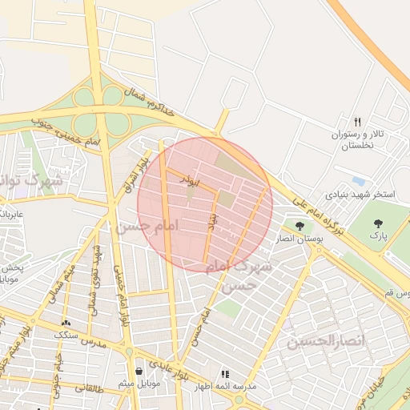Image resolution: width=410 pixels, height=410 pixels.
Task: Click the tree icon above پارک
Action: [378, 223]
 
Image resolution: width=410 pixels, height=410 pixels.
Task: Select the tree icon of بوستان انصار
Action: [299, 226]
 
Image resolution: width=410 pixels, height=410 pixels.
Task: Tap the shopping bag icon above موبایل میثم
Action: [140, 371]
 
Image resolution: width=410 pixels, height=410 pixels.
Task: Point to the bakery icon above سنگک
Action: [65, 322]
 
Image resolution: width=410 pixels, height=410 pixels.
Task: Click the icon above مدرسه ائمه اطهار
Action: [225, 374]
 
